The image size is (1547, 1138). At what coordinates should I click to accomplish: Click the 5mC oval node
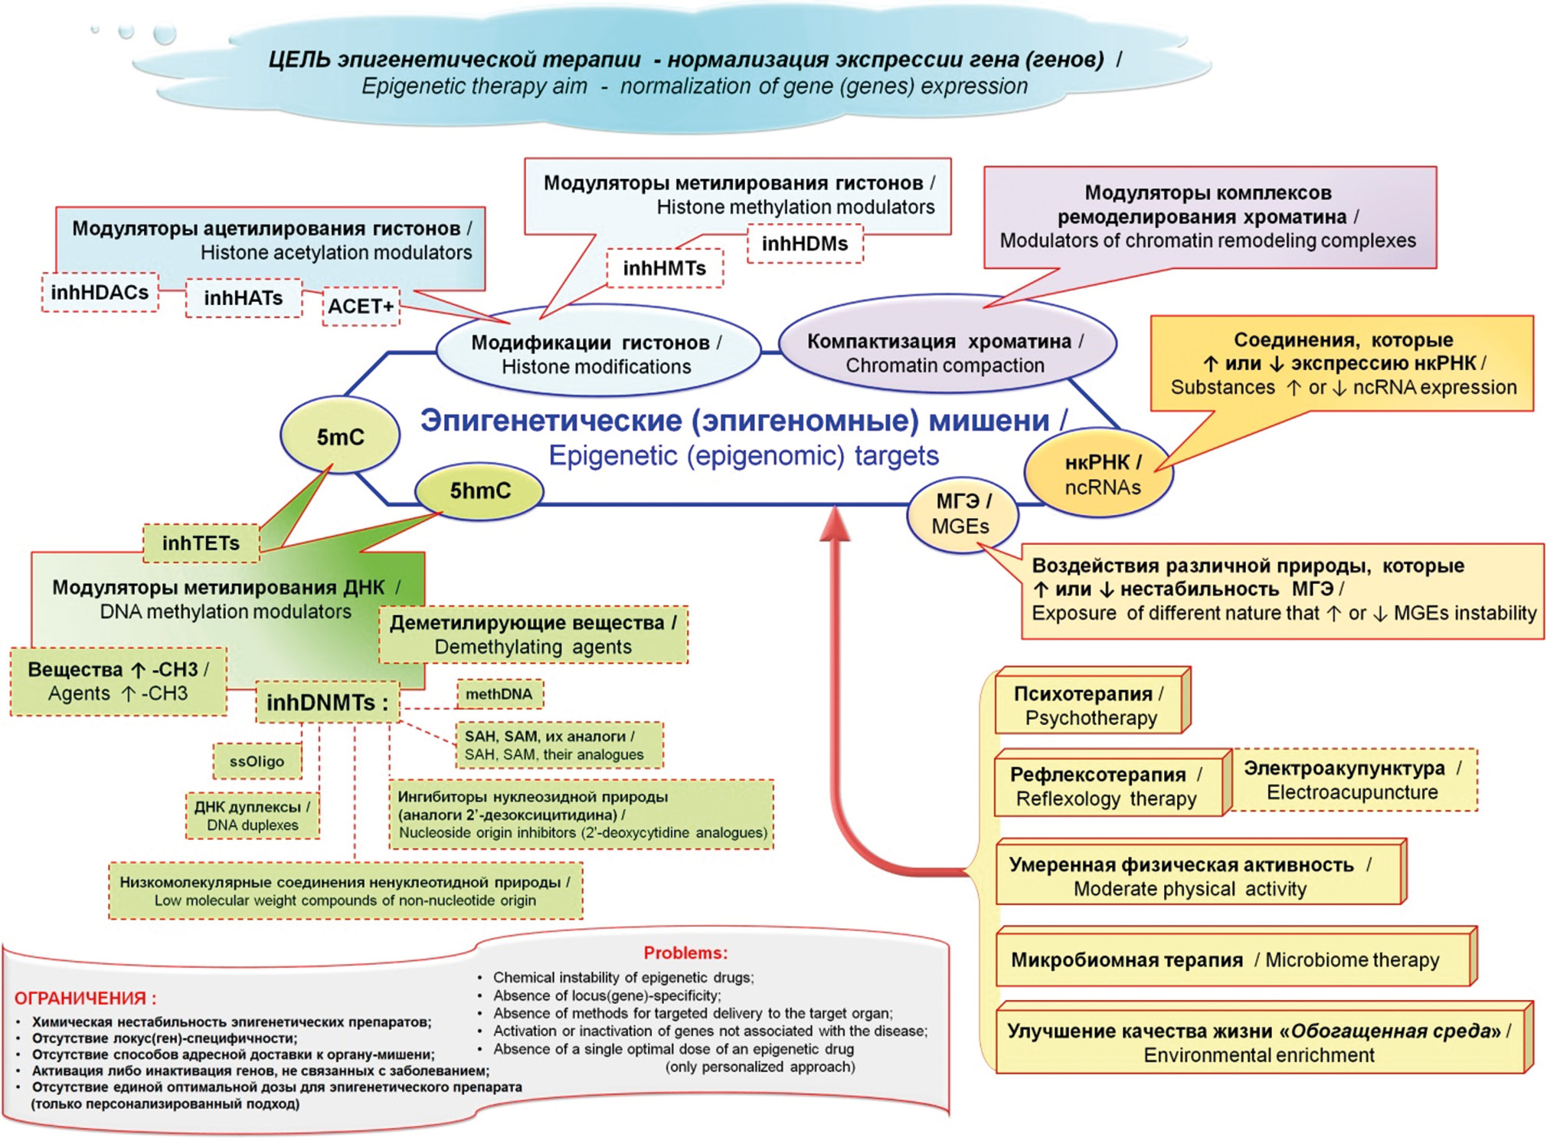[340, 437]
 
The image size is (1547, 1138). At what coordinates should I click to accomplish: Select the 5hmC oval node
[479, 491]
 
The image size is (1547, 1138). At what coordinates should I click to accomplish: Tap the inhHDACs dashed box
[100, 293]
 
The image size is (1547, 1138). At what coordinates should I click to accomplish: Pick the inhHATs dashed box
[244, 298]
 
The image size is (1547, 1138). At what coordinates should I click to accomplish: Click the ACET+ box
[361, 307]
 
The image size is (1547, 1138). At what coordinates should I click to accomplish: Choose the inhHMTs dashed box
[664, 268]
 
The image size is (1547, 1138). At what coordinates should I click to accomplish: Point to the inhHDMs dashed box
[804, 244]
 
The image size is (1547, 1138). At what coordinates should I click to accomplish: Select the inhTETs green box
[201, 543]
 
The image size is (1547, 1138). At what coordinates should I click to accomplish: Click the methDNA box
[499, 694]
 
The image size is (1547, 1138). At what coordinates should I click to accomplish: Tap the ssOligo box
[257, 762]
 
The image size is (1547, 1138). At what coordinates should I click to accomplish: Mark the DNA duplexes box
[252, 816]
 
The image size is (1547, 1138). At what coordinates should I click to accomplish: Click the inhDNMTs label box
[327, 702]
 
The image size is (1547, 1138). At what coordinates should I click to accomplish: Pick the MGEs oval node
[962, 514]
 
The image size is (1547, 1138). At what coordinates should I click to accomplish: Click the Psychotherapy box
[1091, 705]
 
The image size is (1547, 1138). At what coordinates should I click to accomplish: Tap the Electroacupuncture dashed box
[1352, 780]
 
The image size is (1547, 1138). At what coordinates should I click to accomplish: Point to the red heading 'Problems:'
[685, 953]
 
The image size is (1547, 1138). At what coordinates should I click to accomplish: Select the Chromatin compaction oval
[946, 353]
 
